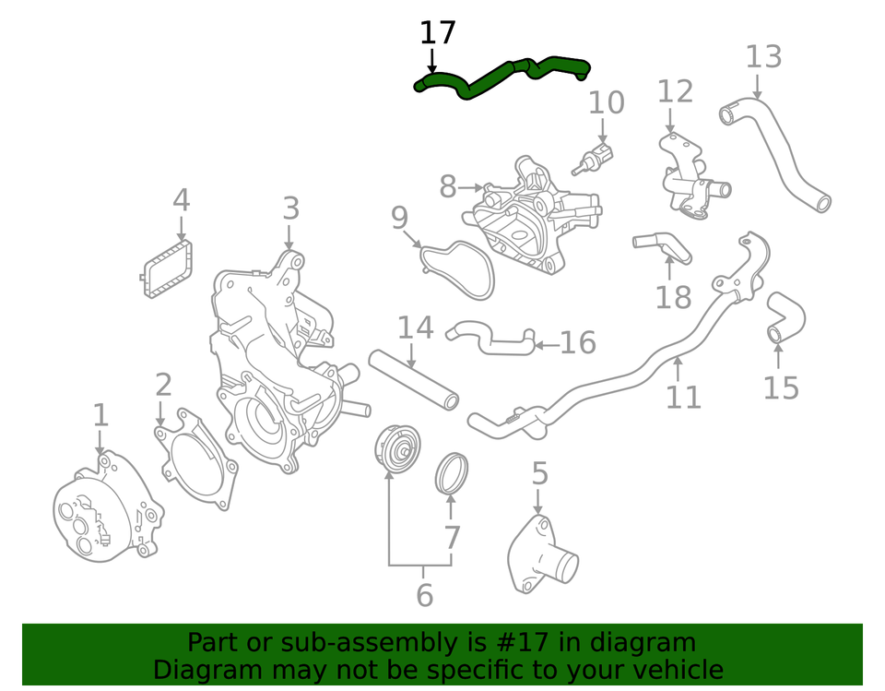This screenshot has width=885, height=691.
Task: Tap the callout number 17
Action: (437, 33)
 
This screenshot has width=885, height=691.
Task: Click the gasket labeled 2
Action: (197, 459)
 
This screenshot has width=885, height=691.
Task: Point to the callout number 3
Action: (290, 208)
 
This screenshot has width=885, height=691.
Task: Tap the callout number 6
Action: (423, 595)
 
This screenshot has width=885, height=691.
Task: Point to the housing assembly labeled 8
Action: (535, 217)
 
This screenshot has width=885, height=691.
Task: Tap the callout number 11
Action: (683, 397)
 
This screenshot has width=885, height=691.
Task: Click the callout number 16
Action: (577, 343)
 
